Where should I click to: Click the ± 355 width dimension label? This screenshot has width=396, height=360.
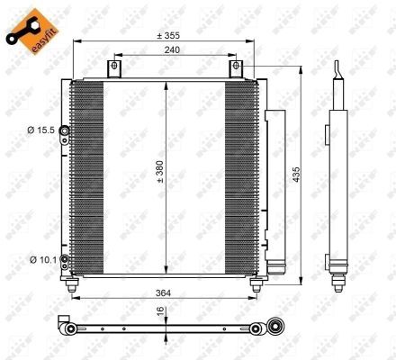(x=167, y=35)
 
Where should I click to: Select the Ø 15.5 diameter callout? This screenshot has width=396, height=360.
(x=42, y=130)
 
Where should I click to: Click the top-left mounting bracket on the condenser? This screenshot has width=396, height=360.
(x=113, y=69)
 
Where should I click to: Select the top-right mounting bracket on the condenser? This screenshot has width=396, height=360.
(x=236, y=69)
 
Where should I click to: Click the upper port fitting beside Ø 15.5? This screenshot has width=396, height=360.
(x=65, y=131)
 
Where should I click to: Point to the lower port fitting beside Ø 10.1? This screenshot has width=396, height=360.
(x=65, y=262)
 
